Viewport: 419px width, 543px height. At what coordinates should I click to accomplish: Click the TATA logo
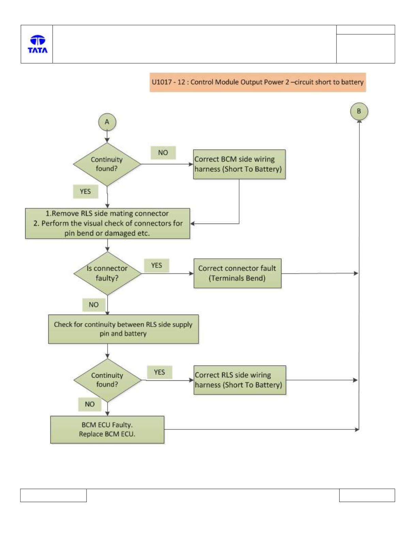point(37,44)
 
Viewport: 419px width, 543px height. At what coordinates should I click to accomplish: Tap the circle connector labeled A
point(107,122)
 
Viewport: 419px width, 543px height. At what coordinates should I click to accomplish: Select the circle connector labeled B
point(359,111)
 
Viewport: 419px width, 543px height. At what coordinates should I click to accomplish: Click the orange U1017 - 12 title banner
point(258,82)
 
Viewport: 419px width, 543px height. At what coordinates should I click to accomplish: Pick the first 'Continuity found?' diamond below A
point(107,164)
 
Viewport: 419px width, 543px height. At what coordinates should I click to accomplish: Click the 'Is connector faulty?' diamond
point(107,273)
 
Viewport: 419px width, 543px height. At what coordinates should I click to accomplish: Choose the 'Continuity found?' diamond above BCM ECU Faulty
point(107,380)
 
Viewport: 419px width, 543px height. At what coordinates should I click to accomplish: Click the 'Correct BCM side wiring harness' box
point(239,164)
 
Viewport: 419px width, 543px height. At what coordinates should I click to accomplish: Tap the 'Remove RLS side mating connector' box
point(107,223)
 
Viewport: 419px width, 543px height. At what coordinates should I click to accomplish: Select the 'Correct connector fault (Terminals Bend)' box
point(237,273)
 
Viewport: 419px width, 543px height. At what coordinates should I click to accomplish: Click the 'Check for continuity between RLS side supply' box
point(123,329)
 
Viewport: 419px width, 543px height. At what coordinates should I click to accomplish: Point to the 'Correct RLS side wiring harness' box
point(240,380)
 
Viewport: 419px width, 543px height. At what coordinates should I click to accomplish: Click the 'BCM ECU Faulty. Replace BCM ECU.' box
point(107,429)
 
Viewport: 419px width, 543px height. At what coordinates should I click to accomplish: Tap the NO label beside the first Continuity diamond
point(163,153)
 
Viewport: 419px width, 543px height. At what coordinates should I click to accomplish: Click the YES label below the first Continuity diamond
point(86,192)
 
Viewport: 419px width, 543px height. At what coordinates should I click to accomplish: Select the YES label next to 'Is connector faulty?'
point(157,266)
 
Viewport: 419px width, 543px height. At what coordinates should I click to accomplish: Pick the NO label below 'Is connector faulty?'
point(94,305)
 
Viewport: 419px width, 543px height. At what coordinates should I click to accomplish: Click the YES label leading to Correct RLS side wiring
point(159,372)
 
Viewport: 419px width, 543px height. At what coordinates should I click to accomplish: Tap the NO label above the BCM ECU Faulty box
point(90,404)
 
